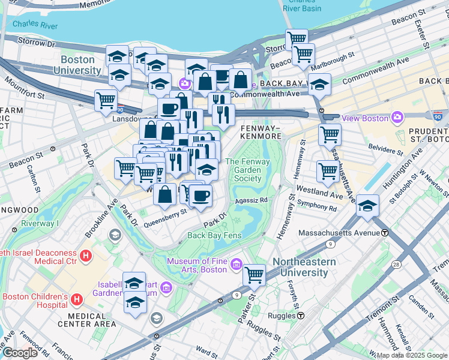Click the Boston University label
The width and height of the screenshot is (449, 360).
(x=80, y=65)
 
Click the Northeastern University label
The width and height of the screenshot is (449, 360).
(x=309, y=267)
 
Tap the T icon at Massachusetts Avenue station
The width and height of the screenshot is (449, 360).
(x=384, y=232)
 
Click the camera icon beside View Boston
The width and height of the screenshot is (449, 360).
(x=397, y=117)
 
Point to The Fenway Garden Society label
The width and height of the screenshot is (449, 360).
(x=247, y=170)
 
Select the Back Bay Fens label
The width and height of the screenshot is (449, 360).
(x=214, y=235)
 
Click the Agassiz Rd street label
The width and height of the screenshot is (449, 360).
(x=251, y=200)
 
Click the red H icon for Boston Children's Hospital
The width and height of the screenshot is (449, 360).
(x=76, y=298)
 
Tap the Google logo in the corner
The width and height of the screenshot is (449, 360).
(x=20, y=353)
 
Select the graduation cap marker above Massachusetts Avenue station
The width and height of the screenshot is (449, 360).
(x=367, y=206)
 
